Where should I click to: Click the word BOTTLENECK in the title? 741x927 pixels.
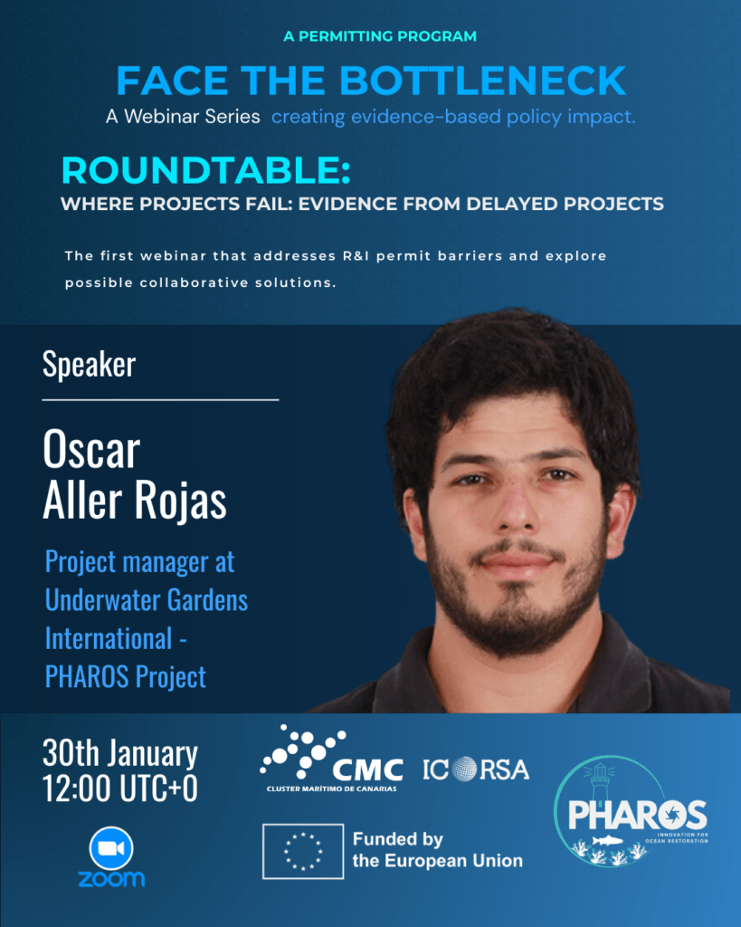(x=483, y=81)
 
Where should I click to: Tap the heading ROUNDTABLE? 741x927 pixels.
(x=206, y=170)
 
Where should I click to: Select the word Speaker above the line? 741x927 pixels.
(x=90, y=364)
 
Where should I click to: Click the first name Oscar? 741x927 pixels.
(x=91, y=449)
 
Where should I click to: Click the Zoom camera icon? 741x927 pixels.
(x=111, y=847)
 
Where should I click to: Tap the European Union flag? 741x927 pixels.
(x=303, y=851)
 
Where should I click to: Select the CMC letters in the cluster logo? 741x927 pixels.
(x=367, y=769)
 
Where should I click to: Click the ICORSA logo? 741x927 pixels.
(x=476, y=769)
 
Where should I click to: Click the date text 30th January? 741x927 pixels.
(x=120, y=753)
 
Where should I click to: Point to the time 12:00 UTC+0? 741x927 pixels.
(x=120, y=788)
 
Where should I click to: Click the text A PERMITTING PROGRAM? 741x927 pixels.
(x=380, y=36)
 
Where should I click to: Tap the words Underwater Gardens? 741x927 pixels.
(x=147, y=600)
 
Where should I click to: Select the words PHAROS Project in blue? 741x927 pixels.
(x=126, y=676)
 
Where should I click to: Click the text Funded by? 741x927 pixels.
(x=398, y=839)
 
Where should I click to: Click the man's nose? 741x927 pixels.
(x=516, y=505)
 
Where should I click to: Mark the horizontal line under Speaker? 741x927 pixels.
(x=160, y=400)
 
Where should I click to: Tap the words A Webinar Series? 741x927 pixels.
(x=183, y=117)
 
